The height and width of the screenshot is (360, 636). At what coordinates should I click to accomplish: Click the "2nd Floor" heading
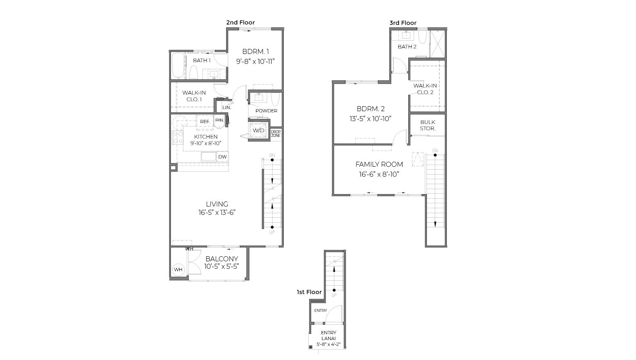point(240,22)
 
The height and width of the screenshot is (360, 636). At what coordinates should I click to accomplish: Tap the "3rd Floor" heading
point(402,23)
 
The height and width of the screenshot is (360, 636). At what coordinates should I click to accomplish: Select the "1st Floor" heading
point(309,292)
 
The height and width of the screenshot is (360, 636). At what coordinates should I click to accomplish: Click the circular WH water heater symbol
point(178,270)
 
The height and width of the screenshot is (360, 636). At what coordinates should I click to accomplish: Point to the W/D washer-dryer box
point(258,130)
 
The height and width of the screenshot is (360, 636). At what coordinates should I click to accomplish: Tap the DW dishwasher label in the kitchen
point(222,157)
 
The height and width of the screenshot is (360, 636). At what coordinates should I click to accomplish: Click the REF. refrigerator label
point(205,122)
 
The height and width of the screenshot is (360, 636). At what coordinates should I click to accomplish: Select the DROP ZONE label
point(275,134)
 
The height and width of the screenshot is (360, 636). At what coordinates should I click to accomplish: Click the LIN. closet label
point(227,107)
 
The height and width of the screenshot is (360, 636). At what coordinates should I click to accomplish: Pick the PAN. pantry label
point(219,120)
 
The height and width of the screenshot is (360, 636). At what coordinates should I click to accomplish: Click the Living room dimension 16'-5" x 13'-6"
point(217,212)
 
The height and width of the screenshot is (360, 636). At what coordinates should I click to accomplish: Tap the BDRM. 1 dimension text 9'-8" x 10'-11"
point(256,61)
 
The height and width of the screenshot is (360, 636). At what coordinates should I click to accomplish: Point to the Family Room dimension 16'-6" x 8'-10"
point(379,174)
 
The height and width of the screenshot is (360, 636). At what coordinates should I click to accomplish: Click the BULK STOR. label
point(427,125)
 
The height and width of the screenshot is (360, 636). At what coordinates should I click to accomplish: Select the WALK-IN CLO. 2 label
point(425,89)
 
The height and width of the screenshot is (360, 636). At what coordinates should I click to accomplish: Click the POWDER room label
point(266,111)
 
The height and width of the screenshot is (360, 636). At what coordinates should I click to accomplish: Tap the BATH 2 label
point(407,46)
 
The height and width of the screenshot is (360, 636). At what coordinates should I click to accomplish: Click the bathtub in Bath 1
point(178,66)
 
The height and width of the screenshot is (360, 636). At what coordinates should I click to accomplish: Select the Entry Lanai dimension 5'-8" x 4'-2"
point(329,344)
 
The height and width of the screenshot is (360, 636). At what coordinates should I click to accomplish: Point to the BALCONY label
point(222,259)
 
